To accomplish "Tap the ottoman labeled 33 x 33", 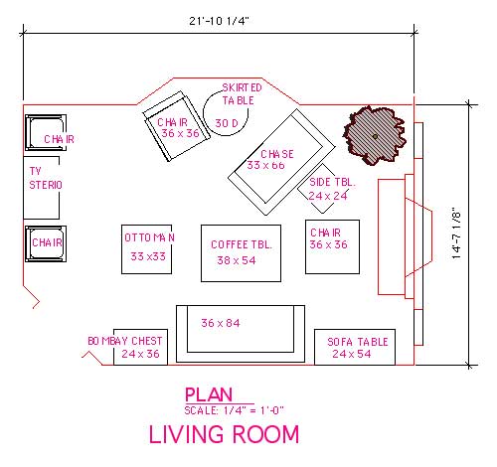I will click(148, 247).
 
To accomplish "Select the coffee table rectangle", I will click(242, 252).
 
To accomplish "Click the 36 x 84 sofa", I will click(240, 331).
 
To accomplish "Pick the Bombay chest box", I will click(140, 347).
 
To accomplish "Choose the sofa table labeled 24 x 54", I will click(351, 347).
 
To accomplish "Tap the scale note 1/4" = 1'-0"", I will click(233, 410).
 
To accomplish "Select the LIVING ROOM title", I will click(223, 435).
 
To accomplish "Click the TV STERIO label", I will click(45, 178).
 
